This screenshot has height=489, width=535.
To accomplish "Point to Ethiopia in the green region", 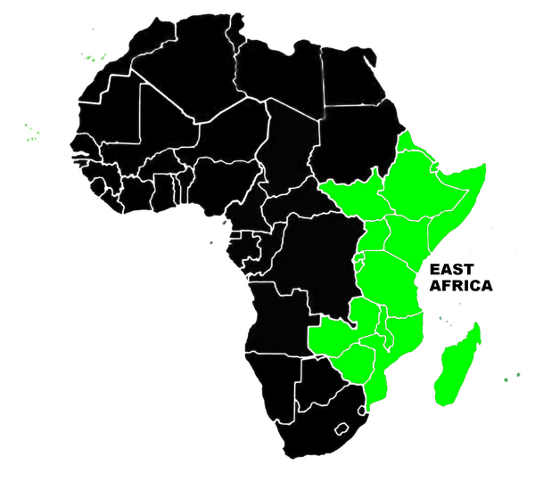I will point(415,183).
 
